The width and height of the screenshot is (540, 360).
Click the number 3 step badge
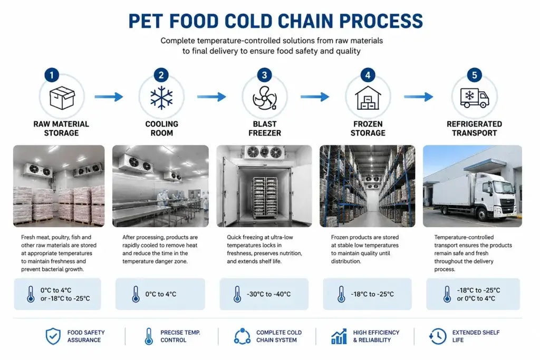click(x=265, y=75)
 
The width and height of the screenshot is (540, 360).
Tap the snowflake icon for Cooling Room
click(x=161, y=98)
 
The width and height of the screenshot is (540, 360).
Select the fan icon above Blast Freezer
click(x=265, y=98)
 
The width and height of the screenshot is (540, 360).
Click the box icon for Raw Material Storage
click(x=62, y=98)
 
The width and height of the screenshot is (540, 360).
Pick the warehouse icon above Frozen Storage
click(x=368, y=98)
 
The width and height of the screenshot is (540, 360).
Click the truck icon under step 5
click(x=475, y=98)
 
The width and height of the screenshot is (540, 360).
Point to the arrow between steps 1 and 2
click(x=109, y=96)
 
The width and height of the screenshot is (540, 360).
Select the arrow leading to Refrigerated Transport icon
click(x=418, y=96)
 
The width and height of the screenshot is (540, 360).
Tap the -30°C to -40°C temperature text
click(x=268, y=294)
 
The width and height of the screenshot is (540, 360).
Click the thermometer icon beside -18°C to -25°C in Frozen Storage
click(x=341, y=294)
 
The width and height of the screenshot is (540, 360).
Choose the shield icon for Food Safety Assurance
click(x=53, y=336)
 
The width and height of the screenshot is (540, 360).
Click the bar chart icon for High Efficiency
click(x=339, y=336)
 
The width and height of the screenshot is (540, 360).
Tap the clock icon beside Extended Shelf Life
click(x=437, y=336)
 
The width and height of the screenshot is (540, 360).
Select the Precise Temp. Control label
click(x=180, y=336)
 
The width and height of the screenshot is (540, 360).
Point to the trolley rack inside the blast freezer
click(x=265, y=198)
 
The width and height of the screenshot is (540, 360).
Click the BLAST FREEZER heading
click(x=265, y=129)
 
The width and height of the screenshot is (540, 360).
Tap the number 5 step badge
click(x=474, y=75)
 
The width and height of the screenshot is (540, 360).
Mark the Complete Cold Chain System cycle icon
click(x=243, y=336)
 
